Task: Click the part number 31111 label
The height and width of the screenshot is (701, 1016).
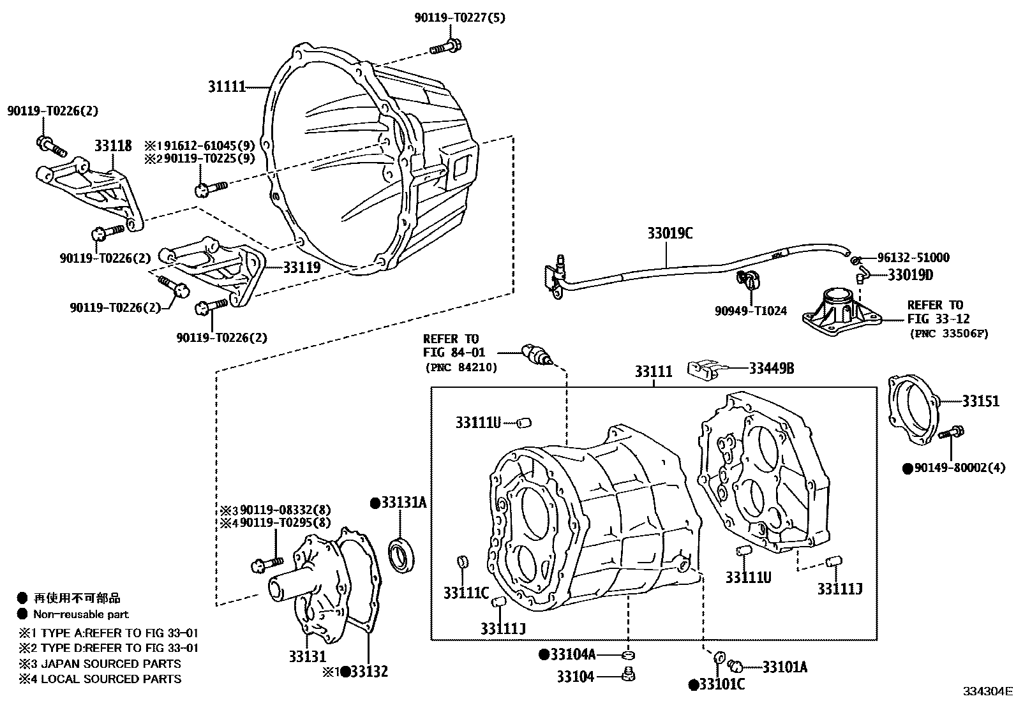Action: coord(227,87)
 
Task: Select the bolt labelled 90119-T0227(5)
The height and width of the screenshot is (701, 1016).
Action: coord(447,47)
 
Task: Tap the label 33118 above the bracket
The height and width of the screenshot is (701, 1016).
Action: coord(114,146)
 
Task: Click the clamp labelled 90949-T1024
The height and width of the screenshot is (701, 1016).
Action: coord(746,279)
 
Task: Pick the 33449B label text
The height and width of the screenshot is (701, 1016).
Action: coord(772,368)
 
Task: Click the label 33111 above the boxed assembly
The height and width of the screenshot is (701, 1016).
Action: coord(654,372)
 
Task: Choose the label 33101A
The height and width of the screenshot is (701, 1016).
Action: coord(784,667)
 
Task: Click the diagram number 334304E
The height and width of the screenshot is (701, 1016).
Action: coord(988,691)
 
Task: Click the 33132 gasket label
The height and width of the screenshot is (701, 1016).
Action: coord(369,671)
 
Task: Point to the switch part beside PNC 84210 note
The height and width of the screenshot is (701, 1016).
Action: coord(535,355)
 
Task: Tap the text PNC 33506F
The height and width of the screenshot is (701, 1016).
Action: coord(948,334)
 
